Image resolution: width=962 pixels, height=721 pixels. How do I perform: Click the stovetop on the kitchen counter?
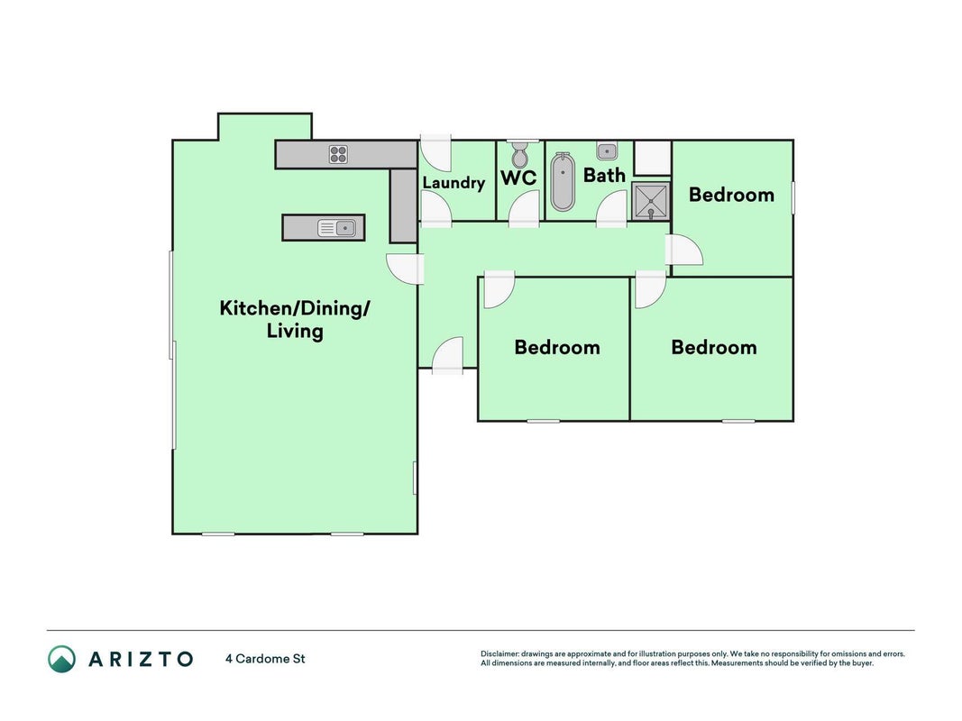[338, 154]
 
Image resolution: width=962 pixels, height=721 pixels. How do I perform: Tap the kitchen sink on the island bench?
[337, 228]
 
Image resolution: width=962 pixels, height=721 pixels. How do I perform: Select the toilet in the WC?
[519, 154]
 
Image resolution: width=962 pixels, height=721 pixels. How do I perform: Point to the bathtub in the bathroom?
[563, 181]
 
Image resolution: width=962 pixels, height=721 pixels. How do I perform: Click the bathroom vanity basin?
[607, 151]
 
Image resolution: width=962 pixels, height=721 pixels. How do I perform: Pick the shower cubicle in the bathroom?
[650, 201]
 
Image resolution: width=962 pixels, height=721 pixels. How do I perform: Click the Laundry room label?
[454, 183]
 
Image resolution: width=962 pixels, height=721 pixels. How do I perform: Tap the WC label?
[518, 178]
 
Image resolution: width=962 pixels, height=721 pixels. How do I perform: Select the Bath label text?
[604, 176]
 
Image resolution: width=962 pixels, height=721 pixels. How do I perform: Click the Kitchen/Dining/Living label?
[295, 319]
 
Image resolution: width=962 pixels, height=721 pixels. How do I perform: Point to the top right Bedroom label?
[731, 195]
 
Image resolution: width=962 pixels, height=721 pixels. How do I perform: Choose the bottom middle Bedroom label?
[557, 348]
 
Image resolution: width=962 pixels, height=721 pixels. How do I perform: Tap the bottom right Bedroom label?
[713, 348]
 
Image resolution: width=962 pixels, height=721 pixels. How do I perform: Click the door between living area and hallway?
[406, 269]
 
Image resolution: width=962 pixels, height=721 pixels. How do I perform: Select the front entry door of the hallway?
[448, 356]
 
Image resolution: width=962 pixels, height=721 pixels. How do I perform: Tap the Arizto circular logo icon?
[62, 659]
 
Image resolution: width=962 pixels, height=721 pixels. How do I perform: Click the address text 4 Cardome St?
[265, 659]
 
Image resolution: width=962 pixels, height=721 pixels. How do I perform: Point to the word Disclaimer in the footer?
[500, 654]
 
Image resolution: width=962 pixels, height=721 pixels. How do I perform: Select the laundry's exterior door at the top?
[435, 152]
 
